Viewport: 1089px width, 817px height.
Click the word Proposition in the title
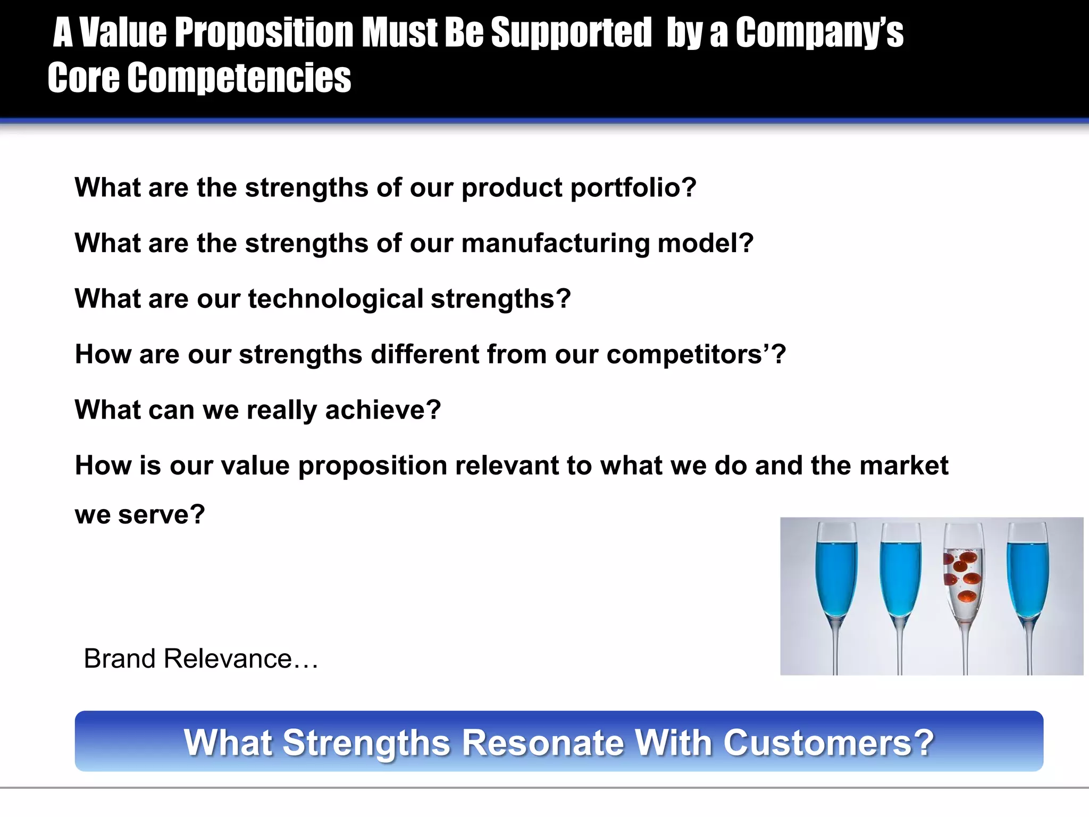[264, 33]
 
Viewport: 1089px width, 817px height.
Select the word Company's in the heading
[819, 33]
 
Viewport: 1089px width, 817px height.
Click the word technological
[335, 299]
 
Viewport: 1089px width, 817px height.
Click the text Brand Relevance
[200, 658]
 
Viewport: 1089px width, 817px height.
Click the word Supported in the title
[571, 33]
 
